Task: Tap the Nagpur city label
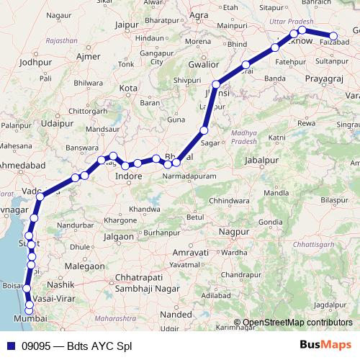click(234, 235)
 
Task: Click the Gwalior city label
click(202, 64)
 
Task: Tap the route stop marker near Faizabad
click(333, 36)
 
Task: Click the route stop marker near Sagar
click(204, 130)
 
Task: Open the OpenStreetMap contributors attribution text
click(297, 322)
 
